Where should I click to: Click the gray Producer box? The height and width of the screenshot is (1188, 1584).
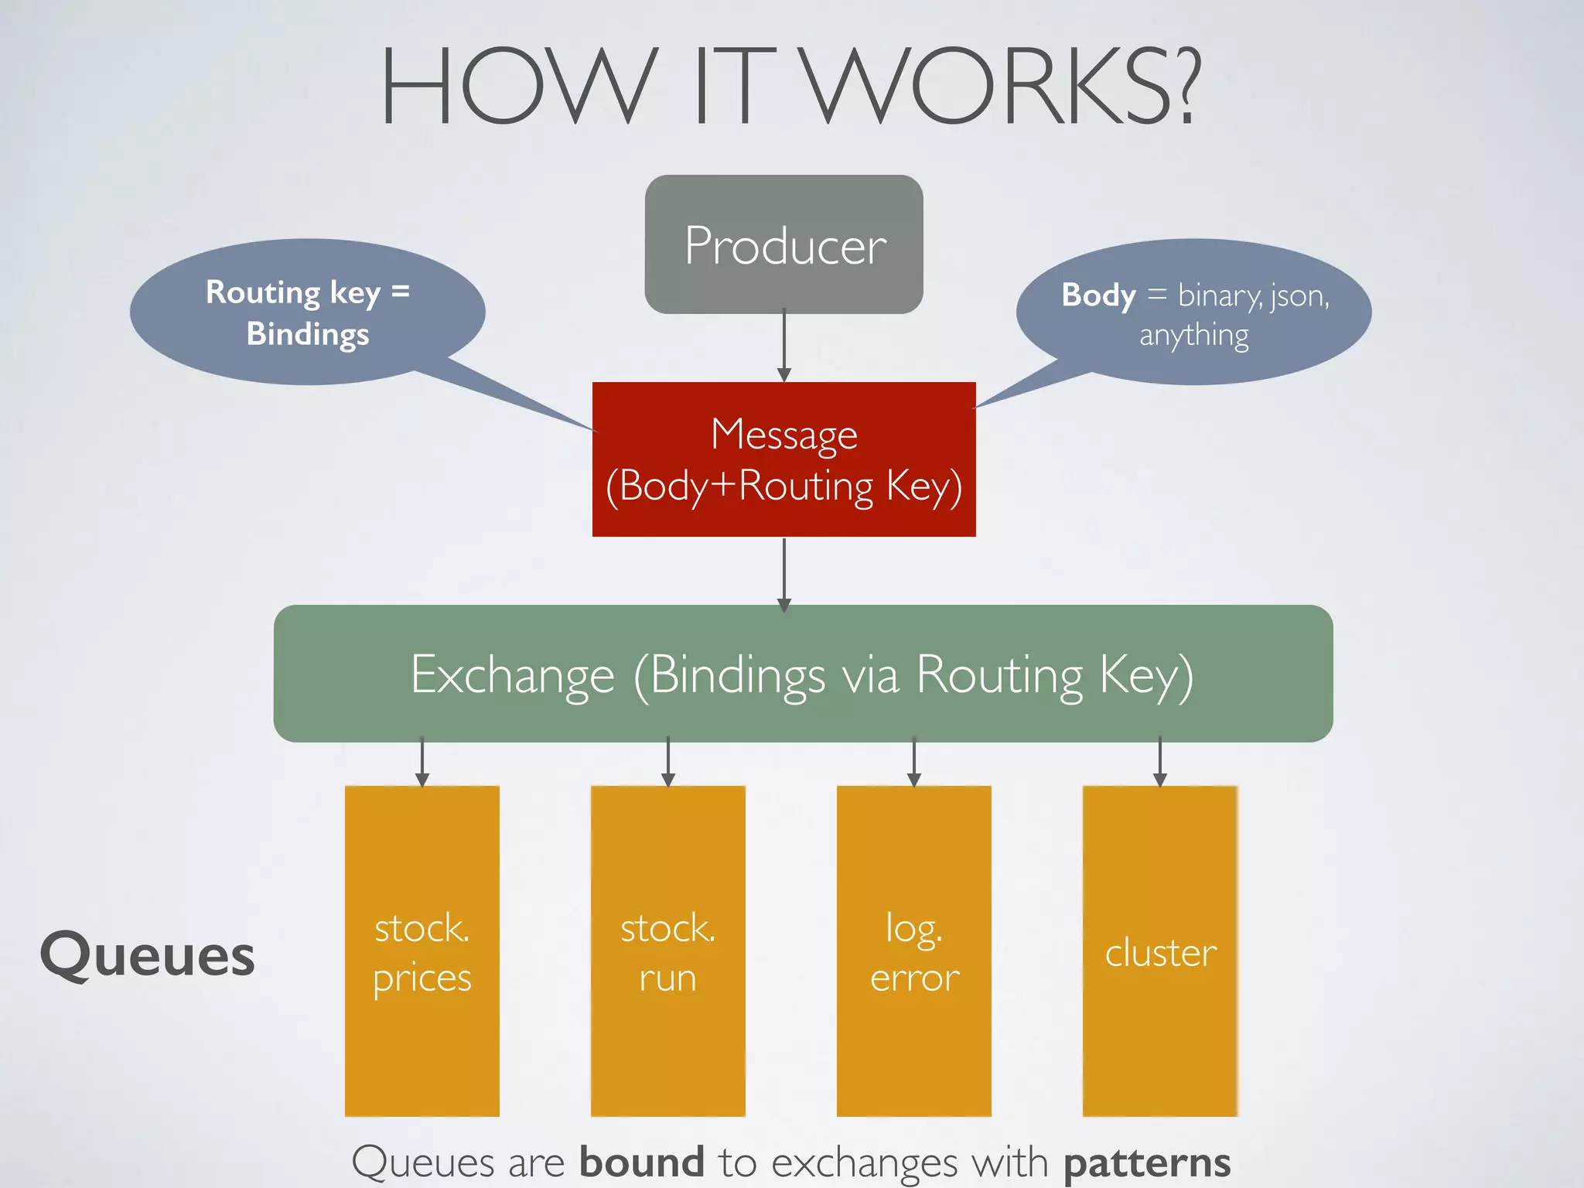(783, 244)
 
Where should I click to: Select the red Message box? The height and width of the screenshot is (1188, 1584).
(783, 459)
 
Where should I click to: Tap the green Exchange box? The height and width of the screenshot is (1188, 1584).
(803, 674)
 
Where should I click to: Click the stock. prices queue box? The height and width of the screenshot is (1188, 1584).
(422, 951)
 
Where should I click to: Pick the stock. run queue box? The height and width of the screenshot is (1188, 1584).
(667, 951)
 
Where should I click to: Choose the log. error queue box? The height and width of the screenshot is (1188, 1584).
(913, 951)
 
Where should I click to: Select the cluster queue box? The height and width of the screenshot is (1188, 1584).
(1159, 951)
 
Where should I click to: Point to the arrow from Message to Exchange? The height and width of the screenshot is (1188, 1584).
(783, 572)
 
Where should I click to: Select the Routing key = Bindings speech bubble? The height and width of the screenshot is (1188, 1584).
(307, 312)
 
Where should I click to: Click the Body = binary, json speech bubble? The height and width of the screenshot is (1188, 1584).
(1193, 312)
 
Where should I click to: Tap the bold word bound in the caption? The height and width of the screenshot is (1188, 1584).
(641, 1162)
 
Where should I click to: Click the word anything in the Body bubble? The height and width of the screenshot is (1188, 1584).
(1193, 336)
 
